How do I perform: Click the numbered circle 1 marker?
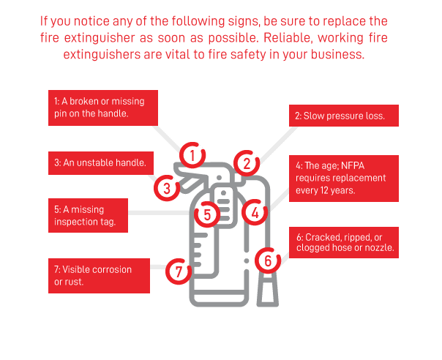point(192,155)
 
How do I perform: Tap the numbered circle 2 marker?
point(247,163)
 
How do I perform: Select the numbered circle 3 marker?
point(167,188)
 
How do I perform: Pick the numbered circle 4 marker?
point(254,212)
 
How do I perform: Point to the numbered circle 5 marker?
point(208,214)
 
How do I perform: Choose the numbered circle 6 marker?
point(268,259)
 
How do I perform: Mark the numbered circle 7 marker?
point(178,271)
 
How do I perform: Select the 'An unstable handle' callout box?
point(99,163)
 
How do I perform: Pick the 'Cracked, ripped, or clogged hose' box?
point(346,243)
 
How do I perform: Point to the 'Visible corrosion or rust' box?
point(99,275)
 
